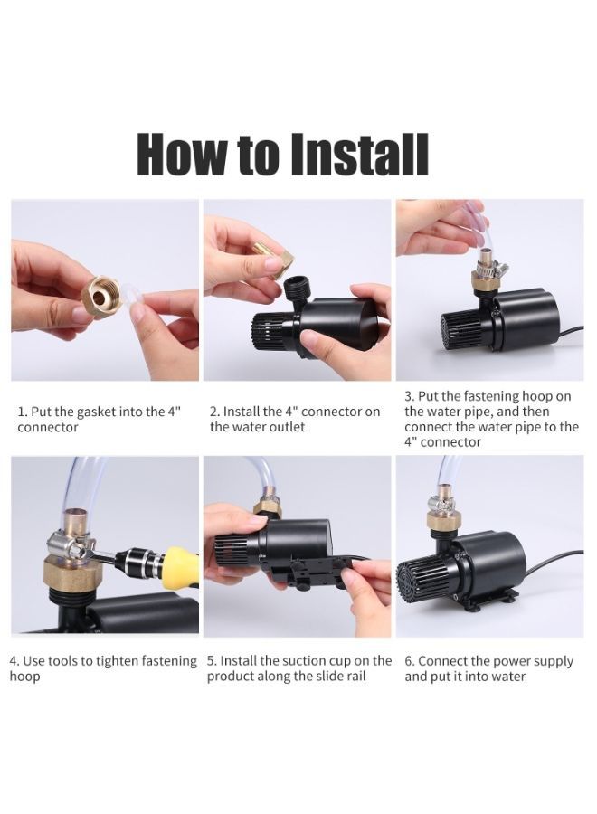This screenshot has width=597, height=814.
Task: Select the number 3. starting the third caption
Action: pos(409,396)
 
